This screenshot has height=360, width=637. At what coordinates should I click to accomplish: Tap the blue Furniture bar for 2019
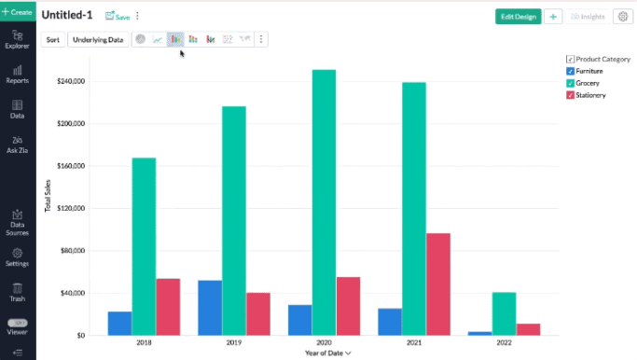(x=210, y=307)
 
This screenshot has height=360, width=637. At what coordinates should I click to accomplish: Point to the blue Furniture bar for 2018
(x=119, y=323)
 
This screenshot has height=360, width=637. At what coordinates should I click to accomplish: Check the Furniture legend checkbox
(x=570, y=71)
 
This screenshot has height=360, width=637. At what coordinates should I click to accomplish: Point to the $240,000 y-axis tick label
(x=73, y=81)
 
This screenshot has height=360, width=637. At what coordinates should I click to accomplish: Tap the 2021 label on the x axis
(x=413, y=343)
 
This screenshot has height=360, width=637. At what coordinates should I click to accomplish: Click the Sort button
(x=53, y=39)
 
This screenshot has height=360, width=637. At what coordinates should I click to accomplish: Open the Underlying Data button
(x=98, y=39)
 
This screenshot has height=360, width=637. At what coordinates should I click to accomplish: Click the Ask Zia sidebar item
(x=17, y=144)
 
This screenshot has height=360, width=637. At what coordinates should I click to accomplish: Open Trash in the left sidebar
(x=17, y=292)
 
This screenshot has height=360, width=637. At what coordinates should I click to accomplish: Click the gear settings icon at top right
(x=621, y=17)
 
